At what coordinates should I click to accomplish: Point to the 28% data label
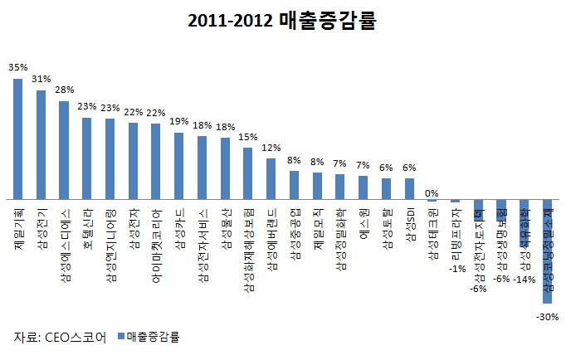pyautogui.click(x=65, y=89)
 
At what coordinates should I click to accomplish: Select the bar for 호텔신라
pyautogui.click(x=86, y=158)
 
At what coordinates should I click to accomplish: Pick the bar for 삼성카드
pyautogui.click(x=178, y=166)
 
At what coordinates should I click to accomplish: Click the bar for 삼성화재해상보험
pyautogui.click(x=247, y=173)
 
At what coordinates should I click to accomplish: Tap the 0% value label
pyautogui.click(x=432, y=193)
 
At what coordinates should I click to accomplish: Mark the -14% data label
pyautogui.click(x=524, y=280)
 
